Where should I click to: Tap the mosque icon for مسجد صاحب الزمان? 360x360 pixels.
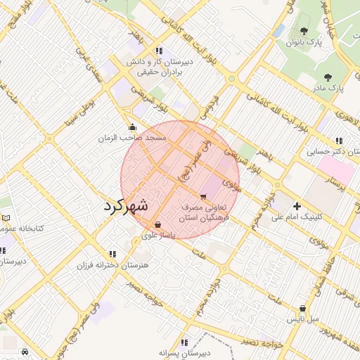click(133, 127)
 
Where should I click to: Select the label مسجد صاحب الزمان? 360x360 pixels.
click(132, 139)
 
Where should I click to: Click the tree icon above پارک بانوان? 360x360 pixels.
click(303, 31)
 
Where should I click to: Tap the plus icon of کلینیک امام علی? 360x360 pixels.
click(297, 206)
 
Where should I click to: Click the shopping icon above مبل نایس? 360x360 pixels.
click(302, 308)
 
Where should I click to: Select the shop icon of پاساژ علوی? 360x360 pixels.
click(157, 225)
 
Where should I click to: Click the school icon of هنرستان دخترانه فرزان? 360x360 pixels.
click(112, 254)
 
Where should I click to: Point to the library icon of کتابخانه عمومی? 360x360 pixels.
click(6, 219)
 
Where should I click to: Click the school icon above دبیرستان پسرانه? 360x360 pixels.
click(184, 342)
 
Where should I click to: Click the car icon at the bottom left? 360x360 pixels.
click(25, 352)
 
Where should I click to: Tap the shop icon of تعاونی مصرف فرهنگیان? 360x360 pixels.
click(203, 197)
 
